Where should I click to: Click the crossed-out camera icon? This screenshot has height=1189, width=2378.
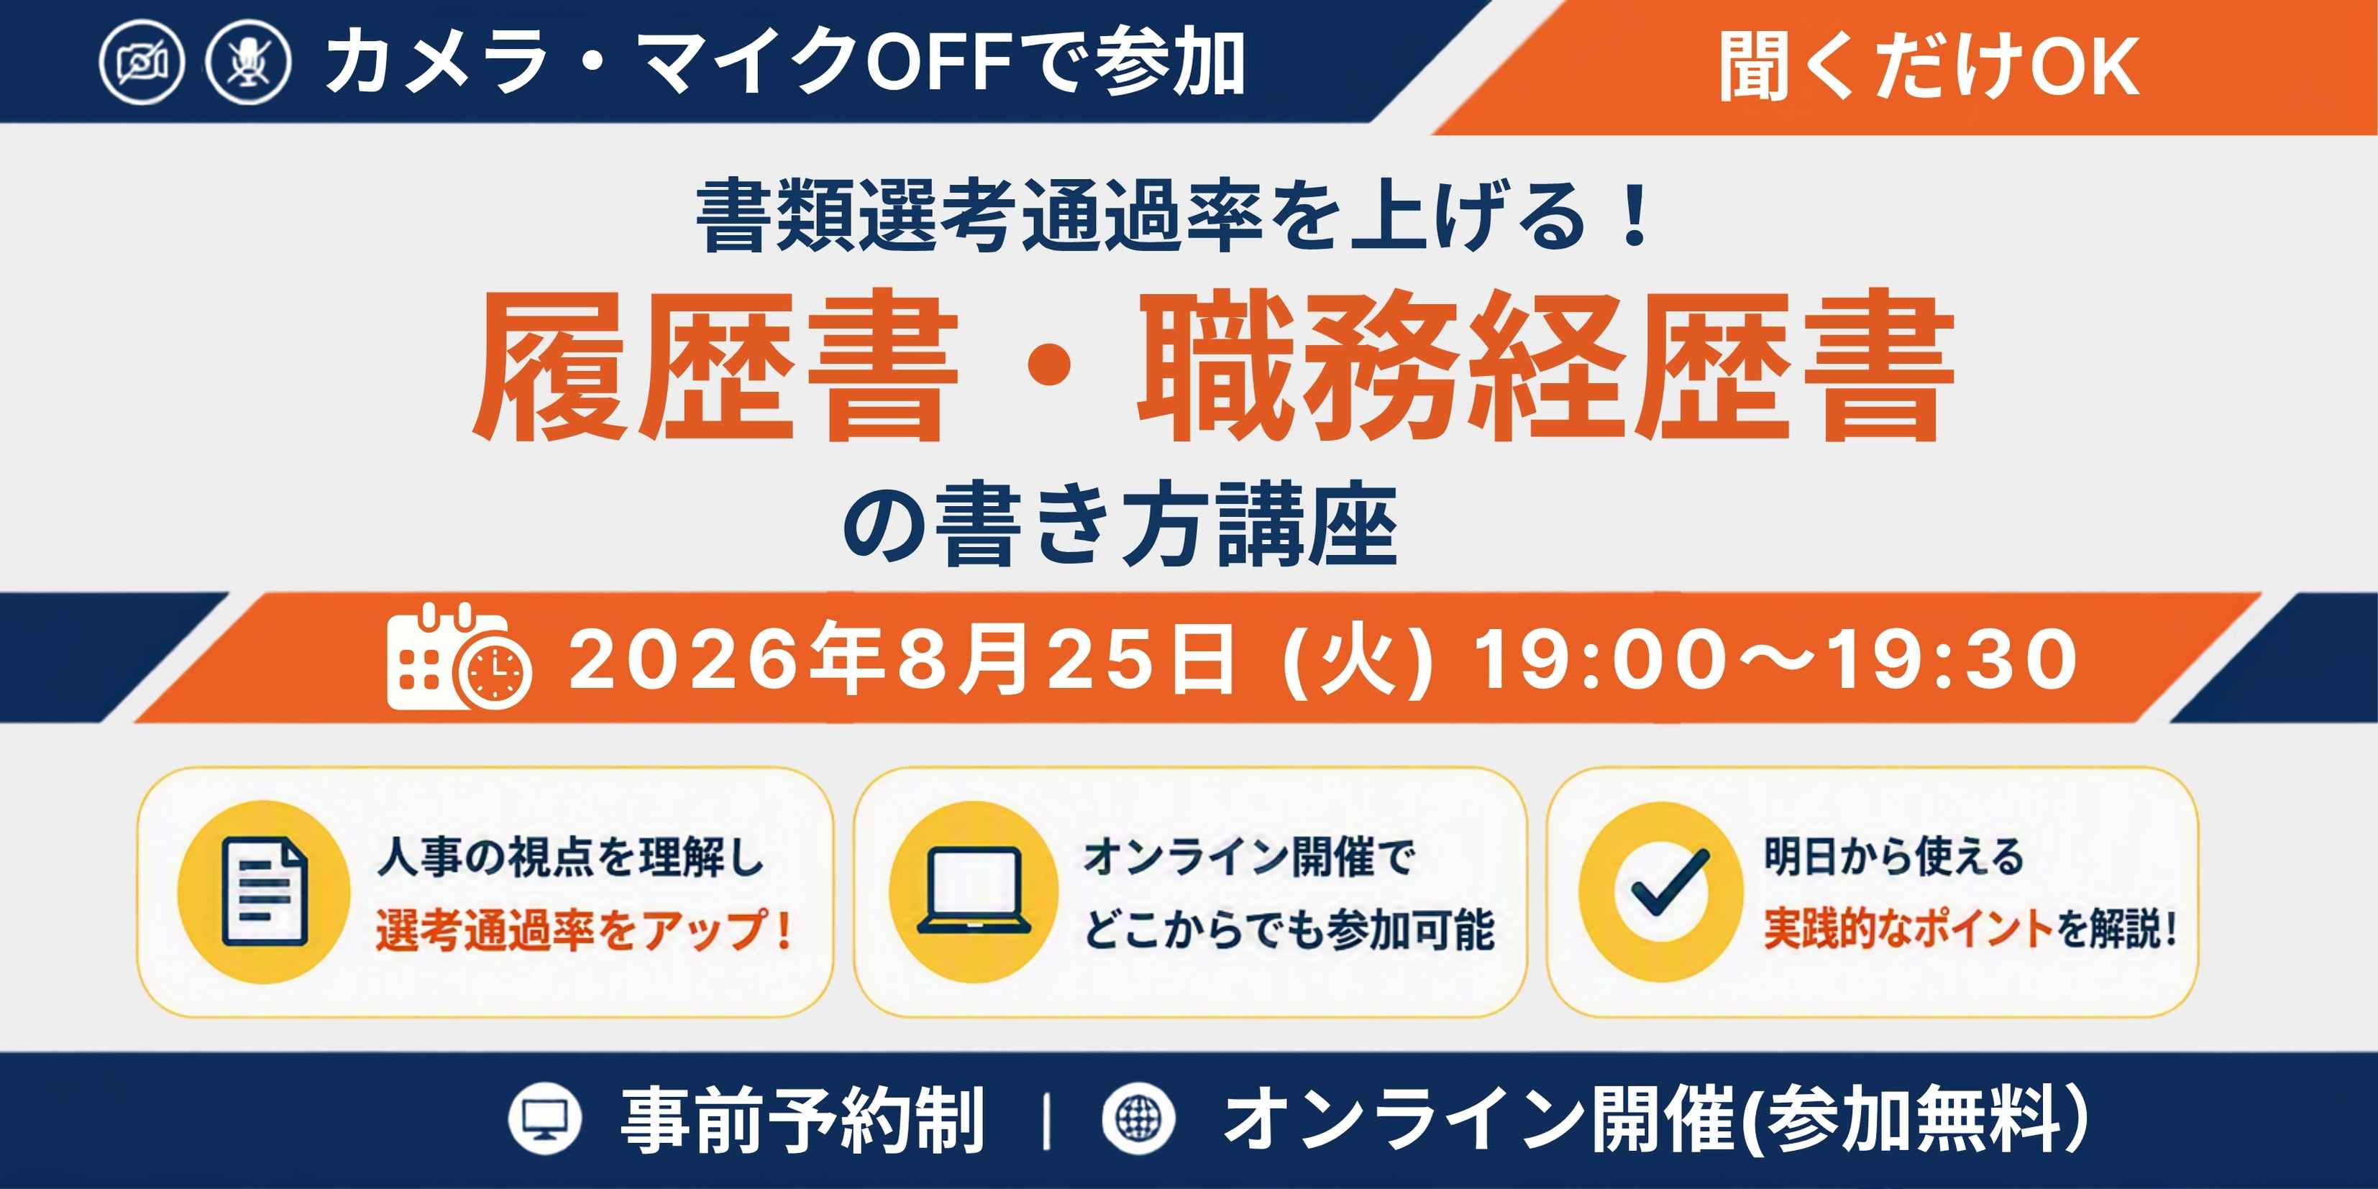point(142,63)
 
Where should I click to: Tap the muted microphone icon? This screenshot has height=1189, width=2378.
point(248,63)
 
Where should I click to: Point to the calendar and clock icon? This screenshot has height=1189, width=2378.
point(459,656)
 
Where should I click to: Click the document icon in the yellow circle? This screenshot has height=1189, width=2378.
point(265,891)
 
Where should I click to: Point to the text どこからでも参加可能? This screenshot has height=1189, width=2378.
point(1289,929)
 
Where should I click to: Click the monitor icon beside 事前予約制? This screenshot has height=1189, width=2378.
point(544,1119)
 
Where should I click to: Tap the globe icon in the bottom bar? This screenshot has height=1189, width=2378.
point(1139,1119)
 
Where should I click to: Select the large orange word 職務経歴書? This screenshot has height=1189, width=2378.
point(1545,367)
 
